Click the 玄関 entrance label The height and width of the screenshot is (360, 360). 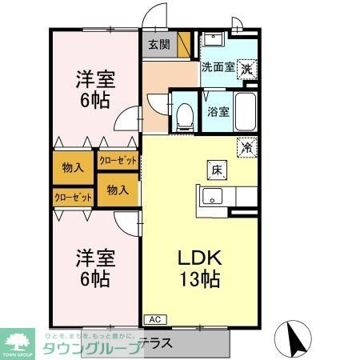(x=158, y=45)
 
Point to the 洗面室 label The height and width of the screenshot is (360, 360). (x=218, y=68)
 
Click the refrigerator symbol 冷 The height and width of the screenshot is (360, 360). (x=248, y=147)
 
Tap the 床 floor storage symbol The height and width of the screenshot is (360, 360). (x=217, y=169)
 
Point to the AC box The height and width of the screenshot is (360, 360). (x=153, y=319)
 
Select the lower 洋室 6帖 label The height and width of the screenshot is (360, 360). (x=95, y=268)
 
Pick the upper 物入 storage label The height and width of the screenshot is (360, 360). (x=74, y=167)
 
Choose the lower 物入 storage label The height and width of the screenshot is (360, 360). (x=118, y=190)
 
